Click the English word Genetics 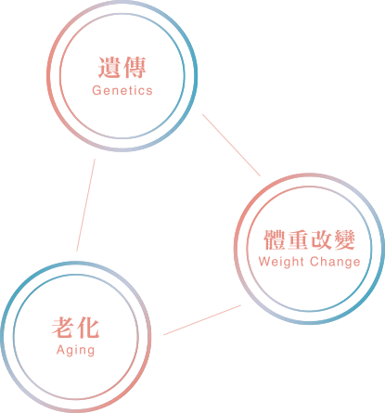click(122, 90)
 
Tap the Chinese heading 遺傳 click(122, 68)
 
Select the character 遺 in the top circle click(109, 68)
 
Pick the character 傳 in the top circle click(135, 68)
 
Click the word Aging click(76, 351)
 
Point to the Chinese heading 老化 click(76, 328)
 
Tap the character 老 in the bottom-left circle click(63, 328)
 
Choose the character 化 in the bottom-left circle click(88, 328)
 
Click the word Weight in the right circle click(281, 263)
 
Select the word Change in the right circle click(335, 263)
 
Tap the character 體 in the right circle click(275, 239)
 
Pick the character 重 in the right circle click(298, 239)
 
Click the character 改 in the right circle click(321, 239)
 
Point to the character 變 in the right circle click(344, 239)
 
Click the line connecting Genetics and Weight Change click(231, 145)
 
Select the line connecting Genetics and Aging click(85, 205)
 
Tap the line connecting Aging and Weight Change click(202, 320)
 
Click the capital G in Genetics click(96, 90)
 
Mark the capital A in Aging click(60, 350)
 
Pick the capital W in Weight click(264, 262)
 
